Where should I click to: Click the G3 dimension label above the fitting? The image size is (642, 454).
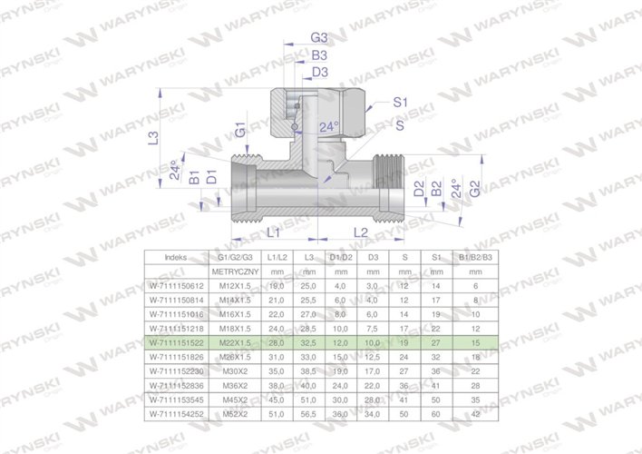[318, 38]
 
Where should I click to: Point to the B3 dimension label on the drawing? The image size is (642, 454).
[318, 55]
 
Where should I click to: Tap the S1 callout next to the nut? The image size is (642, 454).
[400, 105]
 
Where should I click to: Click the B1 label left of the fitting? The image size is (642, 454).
[193, 177]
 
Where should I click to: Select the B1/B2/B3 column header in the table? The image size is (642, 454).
[475, 257]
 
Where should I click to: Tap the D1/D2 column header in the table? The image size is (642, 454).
[341, 257]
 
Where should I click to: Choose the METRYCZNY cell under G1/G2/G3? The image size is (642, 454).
[235, 271]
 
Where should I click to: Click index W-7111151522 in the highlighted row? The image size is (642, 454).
[176, 344]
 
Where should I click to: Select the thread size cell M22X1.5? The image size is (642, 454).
[235, 344]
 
